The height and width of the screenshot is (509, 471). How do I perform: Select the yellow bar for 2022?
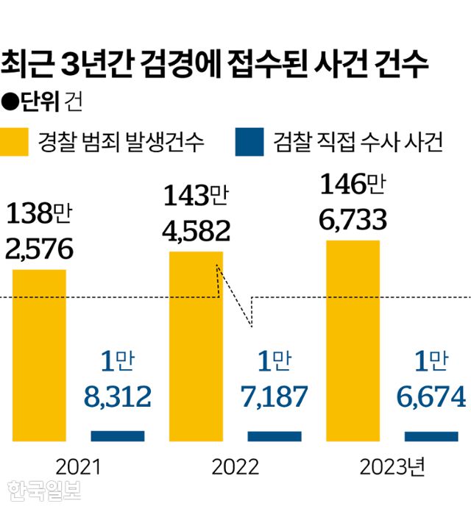point(196,346)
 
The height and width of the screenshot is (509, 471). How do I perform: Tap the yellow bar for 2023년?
point(353,341)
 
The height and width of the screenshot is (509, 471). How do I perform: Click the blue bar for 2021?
point(118,436)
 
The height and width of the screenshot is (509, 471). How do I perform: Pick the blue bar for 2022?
point(275,436)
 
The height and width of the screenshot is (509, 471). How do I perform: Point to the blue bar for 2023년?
point(431,436)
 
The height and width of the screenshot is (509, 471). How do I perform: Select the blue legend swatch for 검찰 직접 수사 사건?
point(249,142)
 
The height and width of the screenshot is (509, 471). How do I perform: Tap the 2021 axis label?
point(77,466)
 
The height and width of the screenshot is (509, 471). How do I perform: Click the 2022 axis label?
point(235,466)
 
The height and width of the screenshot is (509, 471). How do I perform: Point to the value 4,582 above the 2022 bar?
point(196,230)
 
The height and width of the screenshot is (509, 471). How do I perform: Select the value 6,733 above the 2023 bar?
point(352,218)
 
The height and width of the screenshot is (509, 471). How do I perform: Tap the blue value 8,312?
point(118,397)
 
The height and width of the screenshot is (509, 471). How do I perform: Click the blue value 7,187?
point(275,397)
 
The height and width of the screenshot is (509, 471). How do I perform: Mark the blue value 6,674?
point(431,397)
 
